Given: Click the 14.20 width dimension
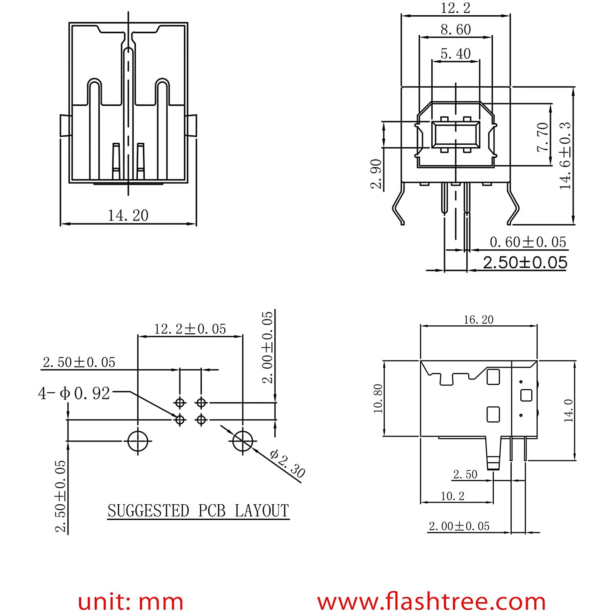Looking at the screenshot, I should click(128, 216).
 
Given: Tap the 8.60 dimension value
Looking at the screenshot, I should click(456, 30).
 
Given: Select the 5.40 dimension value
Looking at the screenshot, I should click(456, 54).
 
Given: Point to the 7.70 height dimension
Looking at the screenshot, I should click(542, 137).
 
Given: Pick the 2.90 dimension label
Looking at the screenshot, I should click(376, 174).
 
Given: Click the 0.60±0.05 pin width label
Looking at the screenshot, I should click(528, 242).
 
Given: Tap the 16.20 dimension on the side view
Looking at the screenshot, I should click(478, 320).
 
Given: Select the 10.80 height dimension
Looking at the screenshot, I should click(378, 398).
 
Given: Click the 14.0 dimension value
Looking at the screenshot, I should click(569, 410).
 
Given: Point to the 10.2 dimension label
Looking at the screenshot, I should click(453, 496).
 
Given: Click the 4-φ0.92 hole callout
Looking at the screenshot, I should click(74, 393).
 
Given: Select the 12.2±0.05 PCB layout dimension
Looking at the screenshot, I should click(190, 329).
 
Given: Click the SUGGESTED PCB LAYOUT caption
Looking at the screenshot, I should click(198, 511).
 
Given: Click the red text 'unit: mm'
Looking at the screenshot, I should click(130, 601).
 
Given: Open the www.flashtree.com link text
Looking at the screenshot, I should click(431, 601).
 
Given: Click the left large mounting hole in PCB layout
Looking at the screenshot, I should click(138, 441).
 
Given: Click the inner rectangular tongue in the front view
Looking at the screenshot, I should click(456, 135).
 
